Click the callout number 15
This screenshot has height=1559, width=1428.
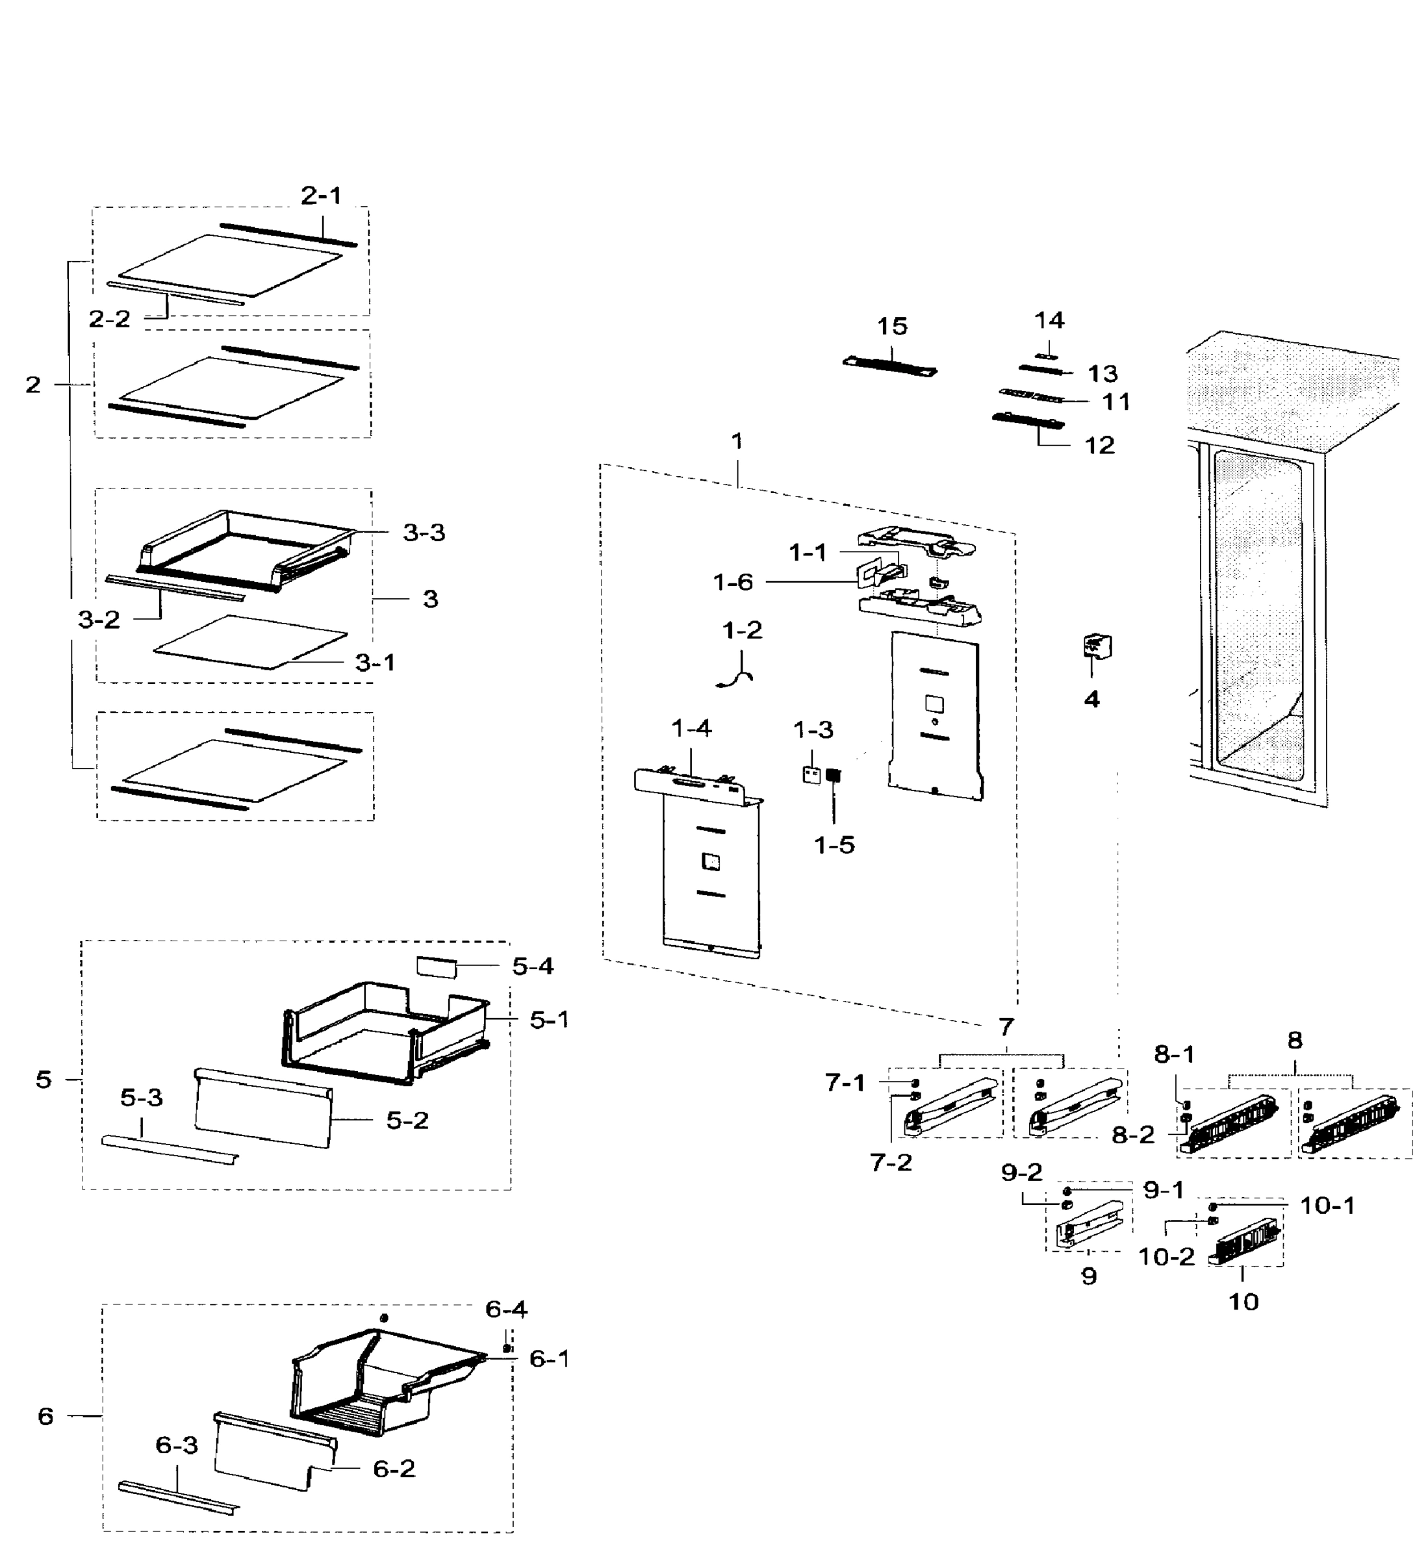[x=892, y=326]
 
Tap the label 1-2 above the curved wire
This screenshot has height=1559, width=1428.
[x=742, y=630]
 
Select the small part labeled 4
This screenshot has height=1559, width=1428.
[x=1097, y=646]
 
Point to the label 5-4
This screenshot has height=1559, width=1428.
[x=532, y=966]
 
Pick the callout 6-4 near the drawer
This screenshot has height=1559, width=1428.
[x=506, y=1308]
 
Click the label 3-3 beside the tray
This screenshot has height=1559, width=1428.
[x=424, y=532]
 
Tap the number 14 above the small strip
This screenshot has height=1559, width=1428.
[x=1049, y=320]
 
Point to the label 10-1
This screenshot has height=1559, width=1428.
[x=1327, y=1206]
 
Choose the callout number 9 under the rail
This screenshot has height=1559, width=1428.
[x=1088, y=1276]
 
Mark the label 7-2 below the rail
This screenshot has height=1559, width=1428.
[x=890, y=1162]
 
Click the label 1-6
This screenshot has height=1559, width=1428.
[x=733, y=581]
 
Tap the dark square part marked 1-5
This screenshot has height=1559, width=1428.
[x=833, y=775]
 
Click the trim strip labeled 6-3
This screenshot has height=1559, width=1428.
[x=178, y=1498]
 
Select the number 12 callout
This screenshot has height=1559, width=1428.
[x=1099, y=446]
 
